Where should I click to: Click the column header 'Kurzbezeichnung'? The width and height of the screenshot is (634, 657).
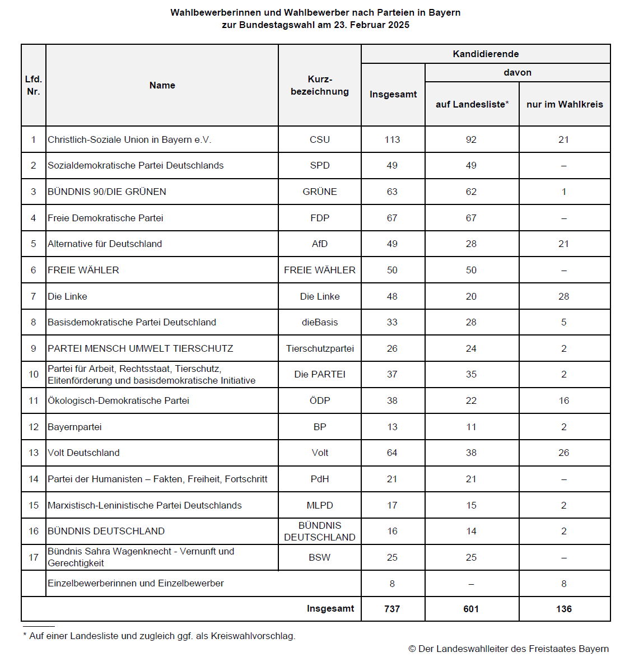(320, 85)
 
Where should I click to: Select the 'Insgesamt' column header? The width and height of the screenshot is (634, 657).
(393, 94)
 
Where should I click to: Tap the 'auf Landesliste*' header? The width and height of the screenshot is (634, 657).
(472, 104)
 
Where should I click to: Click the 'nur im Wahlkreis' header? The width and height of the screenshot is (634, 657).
(565, 104)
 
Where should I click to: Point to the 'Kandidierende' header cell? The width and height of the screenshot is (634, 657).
(486, 54)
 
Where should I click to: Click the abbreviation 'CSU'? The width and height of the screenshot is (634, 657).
(320, 139)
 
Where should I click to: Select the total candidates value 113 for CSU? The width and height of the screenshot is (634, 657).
(392, 139)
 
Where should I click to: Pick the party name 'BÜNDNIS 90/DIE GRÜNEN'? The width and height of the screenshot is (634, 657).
(107, 192)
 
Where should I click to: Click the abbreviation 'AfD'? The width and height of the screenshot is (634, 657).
(320, 244)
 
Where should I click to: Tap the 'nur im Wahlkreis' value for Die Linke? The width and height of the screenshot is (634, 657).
(563, 296)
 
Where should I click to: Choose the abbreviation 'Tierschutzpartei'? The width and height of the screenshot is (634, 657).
(320, 348)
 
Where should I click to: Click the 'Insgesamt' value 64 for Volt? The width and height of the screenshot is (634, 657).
(392, 453)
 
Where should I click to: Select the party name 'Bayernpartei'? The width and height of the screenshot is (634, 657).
(74, 427)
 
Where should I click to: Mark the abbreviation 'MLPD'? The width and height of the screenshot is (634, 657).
(320, 505)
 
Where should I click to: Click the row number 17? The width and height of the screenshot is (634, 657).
(34, 557)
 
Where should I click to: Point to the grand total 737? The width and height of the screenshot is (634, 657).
(392, 609)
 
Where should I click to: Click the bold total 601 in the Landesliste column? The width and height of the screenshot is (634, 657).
(471, 609)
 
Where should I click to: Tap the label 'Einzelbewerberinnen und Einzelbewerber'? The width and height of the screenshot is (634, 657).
(136, 583)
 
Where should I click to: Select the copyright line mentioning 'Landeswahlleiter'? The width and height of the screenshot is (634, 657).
(509, 649)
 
